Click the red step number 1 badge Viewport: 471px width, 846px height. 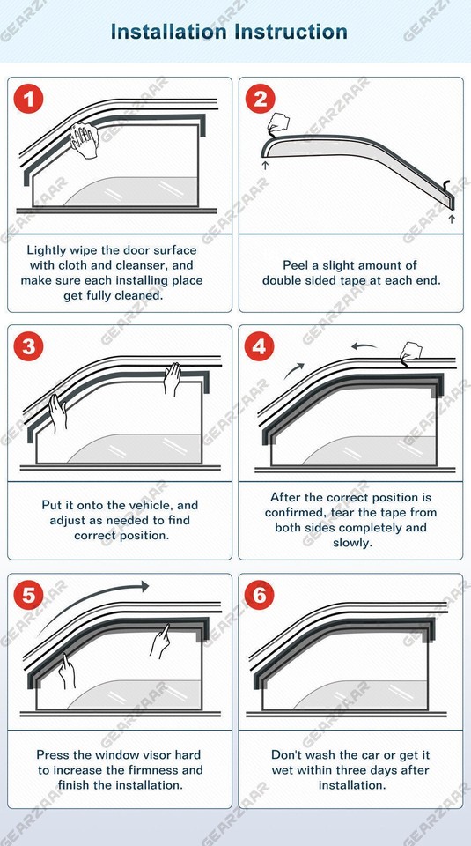(28, 99)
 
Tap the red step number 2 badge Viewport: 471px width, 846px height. (259, 99)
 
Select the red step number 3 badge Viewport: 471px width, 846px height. (28, 346)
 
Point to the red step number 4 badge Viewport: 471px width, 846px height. (259, 346)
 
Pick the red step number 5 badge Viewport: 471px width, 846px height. (28, 596)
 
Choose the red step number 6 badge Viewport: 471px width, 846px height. (259, 596)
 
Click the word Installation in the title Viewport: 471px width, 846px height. (166, 33)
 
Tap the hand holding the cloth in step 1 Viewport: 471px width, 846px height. (85, 141)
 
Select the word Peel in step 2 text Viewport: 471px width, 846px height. (297, 265)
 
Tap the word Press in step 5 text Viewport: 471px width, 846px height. (54, 754)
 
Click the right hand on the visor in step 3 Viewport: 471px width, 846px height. (173, 379)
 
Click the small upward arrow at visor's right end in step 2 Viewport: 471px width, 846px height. (452, 218)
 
